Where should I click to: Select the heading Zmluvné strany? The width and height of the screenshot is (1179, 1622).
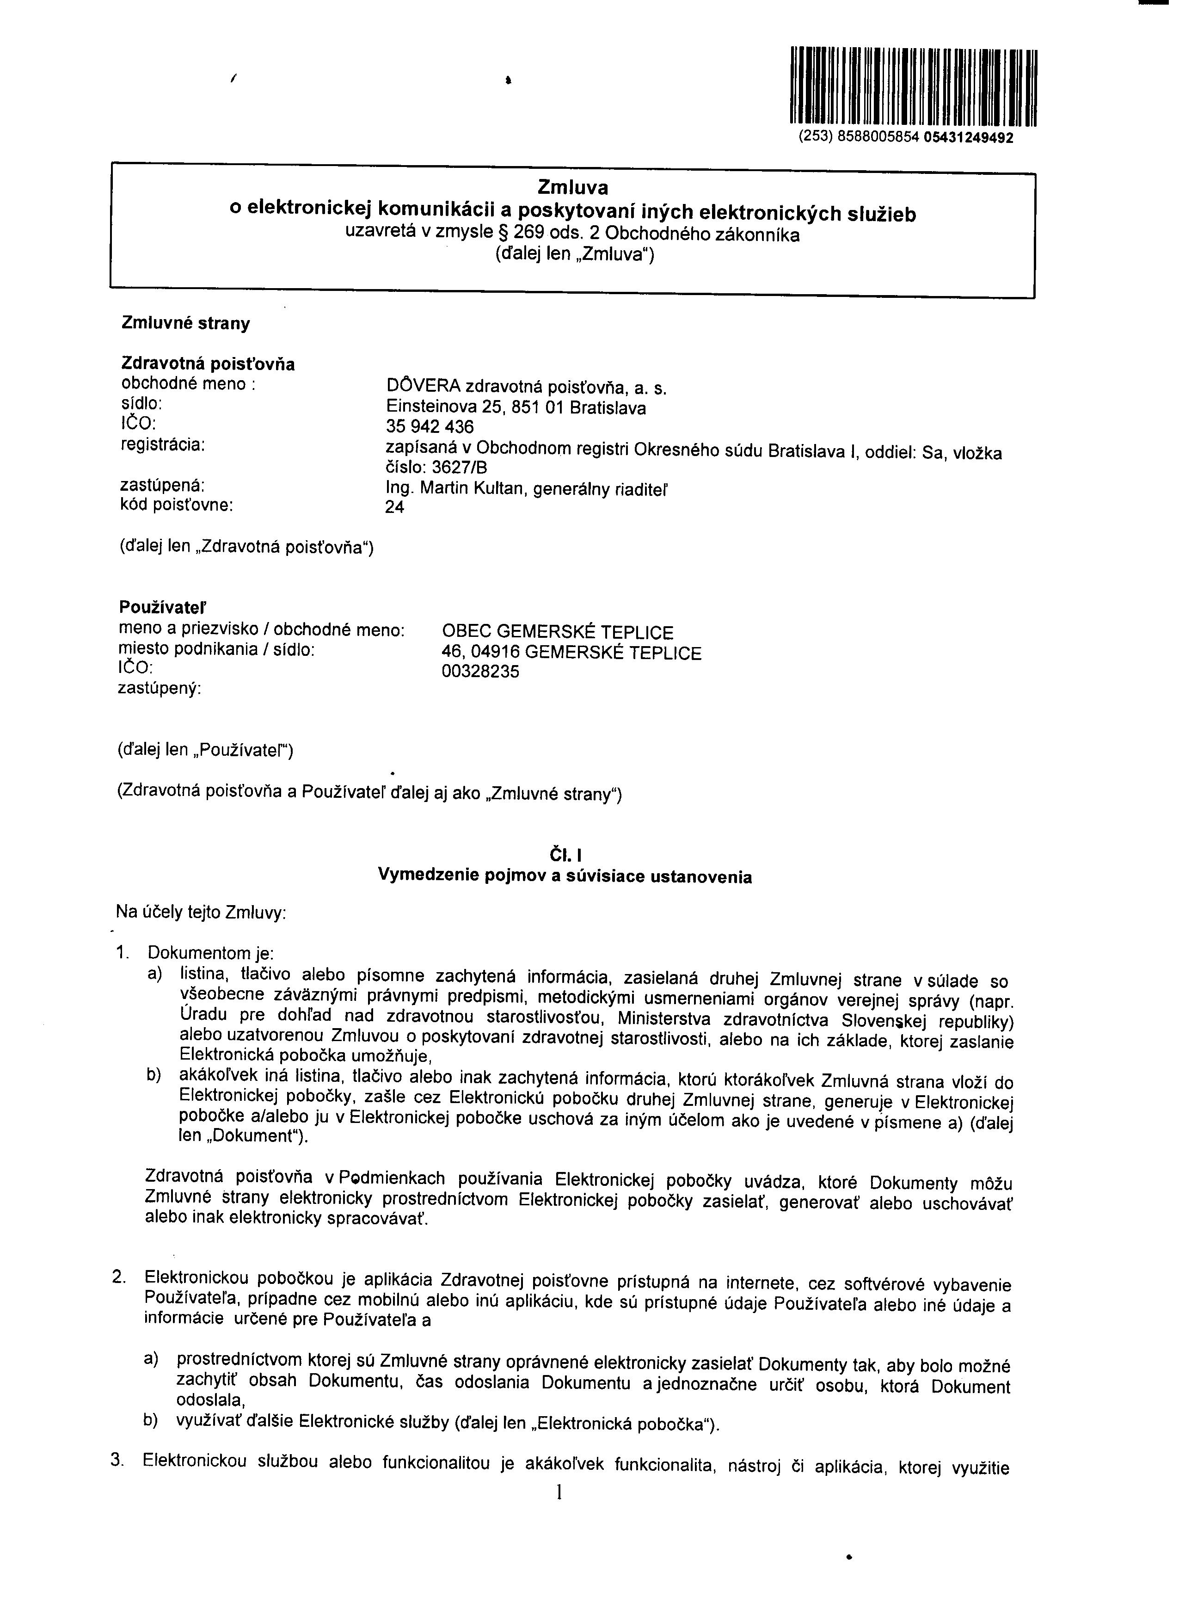[x=186, y=323]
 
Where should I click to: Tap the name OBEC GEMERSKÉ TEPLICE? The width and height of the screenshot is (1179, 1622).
[x=558, y=632]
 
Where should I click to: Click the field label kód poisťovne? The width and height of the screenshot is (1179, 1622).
[x=178, y=505]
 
